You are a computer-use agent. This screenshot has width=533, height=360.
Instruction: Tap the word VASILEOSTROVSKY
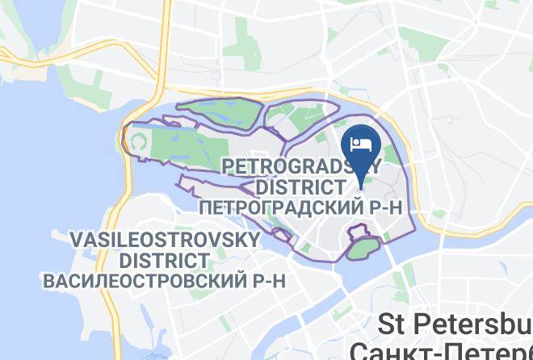166,241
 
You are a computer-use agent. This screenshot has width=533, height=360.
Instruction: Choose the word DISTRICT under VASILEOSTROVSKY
165,261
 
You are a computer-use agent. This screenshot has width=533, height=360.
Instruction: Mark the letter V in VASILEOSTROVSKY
77,241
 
